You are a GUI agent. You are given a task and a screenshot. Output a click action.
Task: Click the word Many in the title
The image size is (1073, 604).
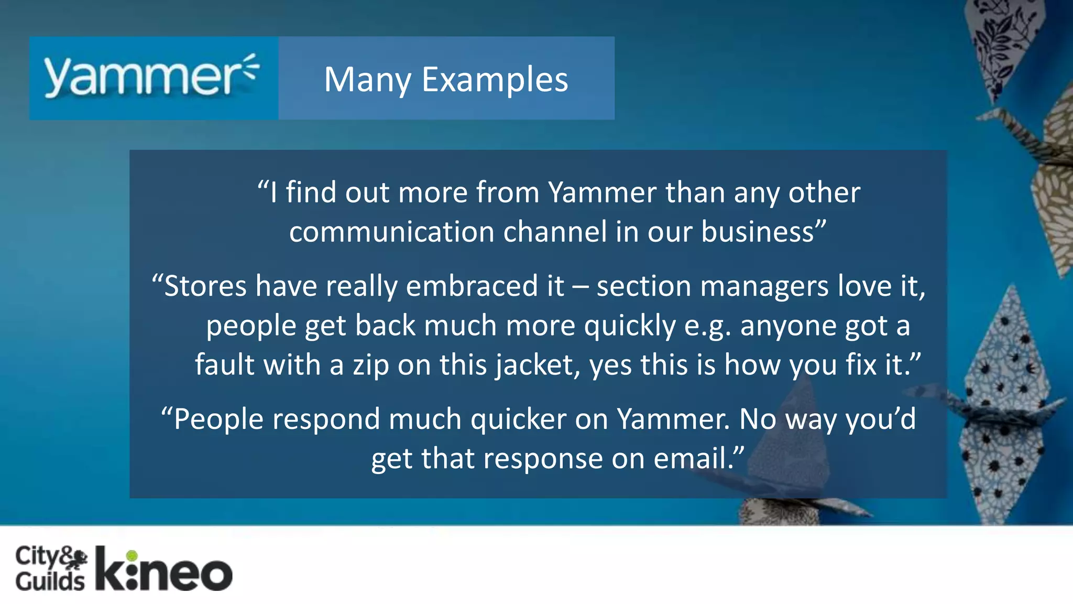coord(367,80)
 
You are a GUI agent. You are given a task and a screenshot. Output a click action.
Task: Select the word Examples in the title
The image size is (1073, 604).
coord(495,80)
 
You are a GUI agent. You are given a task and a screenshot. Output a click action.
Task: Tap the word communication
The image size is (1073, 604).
coord(391,232)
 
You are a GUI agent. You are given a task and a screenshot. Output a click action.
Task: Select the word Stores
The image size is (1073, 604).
coord(205,286)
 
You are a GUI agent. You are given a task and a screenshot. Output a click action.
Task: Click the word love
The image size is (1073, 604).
coord(864,286)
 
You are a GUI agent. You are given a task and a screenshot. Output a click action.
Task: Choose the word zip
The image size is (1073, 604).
coord(371,365)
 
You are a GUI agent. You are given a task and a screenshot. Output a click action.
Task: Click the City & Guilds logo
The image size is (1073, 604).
coord(51,569)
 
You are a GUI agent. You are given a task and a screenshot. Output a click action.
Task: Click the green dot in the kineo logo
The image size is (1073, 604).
coord(132,555)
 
